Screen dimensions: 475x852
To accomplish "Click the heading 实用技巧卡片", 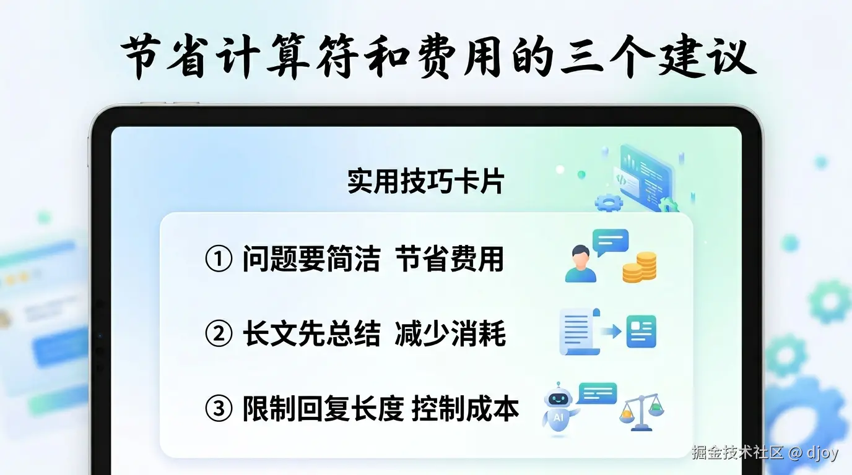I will (426, 182).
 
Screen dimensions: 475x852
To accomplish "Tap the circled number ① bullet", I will (219, 260).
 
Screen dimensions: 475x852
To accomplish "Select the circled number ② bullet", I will (219, 334).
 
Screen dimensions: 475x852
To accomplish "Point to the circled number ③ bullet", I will (219, 409).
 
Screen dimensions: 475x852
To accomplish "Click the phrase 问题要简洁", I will (311, 260).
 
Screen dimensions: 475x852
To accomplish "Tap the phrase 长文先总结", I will (311, 334).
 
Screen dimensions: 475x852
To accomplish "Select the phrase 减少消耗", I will (450, 334).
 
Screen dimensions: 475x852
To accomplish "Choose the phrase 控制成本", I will (465, 409).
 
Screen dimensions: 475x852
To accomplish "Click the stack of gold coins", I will (639, 267).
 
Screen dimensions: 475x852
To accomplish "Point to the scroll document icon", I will (580, 332).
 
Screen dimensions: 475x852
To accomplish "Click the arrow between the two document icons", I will (612, 332).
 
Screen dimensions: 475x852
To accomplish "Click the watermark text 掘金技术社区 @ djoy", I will (765, 453).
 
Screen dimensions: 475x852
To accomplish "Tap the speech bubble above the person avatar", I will (610, 241).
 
